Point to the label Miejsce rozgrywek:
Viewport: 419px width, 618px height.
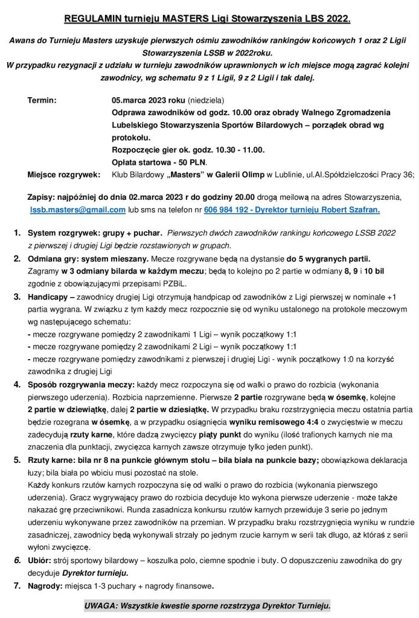[x=63, y=174]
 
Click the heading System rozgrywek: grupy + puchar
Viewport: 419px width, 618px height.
[x=94, y=233]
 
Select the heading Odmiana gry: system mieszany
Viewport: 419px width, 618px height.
[x=88, y=258]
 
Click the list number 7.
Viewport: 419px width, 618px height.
[x=17, y=585]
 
